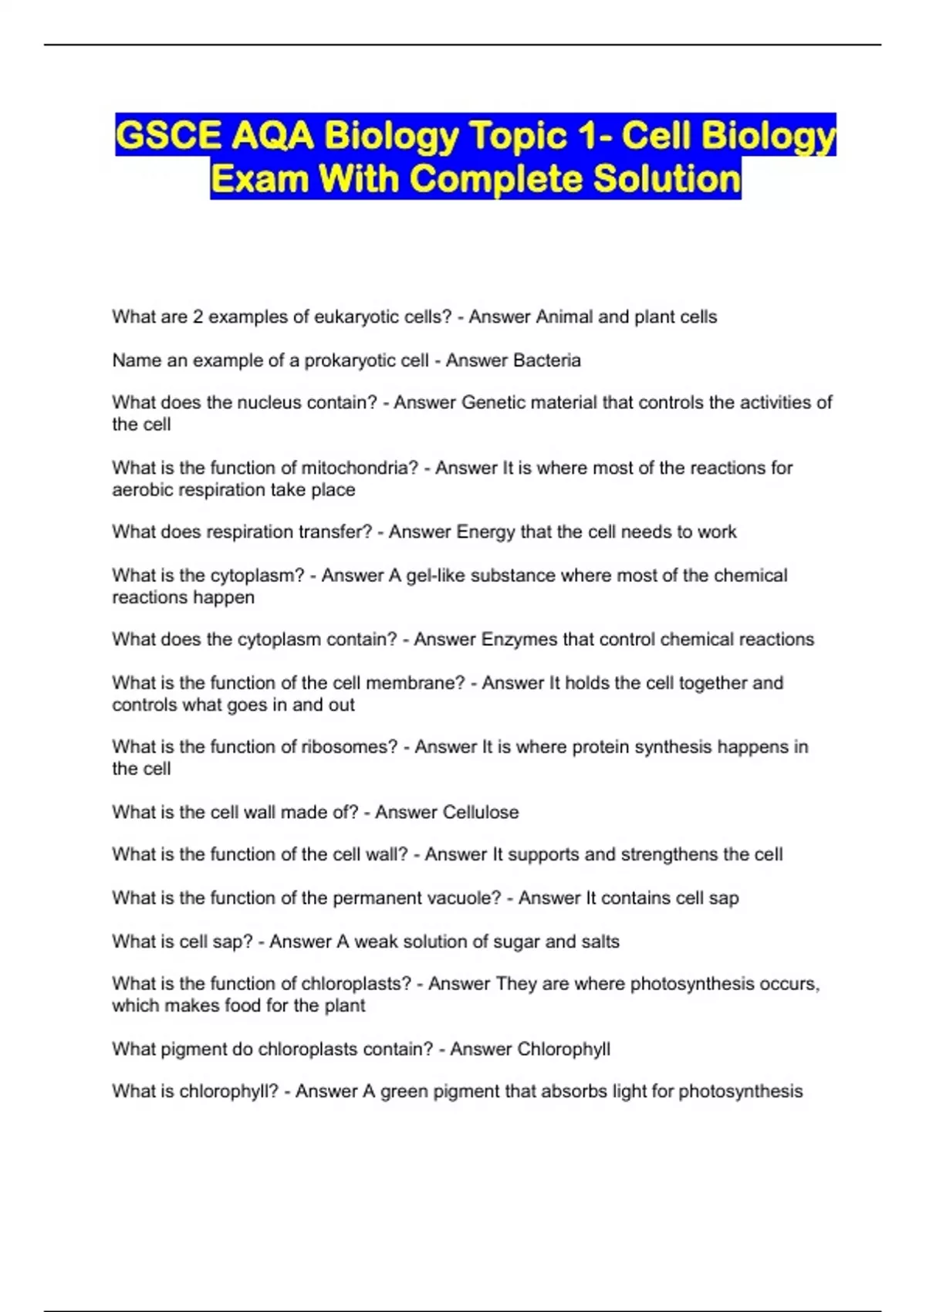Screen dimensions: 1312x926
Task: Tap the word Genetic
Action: pyautogui.click(x=491, y=403)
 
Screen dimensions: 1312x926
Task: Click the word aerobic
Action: pyautogui.click(x=140, y=490)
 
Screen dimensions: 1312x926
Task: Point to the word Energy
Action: pyautogui.click(x=485, y=533)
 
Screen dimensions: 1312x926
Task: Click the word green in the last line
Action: pyautogui.click(x=404, y=1091)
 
